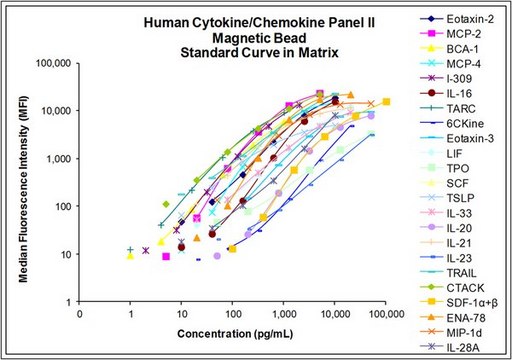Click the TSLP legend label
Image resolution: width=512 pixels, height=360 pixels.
(x=460, y=198)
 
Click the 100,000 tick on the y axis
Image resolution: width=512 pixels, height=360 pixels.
(x=54, y=63)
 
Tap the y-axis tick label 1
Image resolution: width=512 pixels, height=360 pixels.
(x=69, y=302)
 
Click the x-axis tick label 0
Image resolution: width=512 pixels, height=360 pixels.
(x=80, y=314)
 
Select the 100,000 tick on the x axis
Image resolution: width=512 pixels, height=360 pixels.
(x=386, y=314)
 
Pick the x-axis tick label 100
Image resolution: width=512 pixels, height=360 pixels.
(x=233, y=314)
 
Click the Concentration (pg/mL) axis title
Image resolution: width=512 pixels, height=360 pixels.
(x=235, y=334)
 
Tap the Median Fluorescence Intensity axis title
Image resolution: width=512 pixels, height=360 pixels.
(x=23, y=189)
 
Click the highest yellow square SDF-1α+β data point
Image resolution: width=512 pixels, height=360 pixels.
(x=386, y=102)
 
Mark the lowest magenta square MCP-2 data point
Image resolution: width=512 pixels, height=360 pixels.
(x=166, y=256)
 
